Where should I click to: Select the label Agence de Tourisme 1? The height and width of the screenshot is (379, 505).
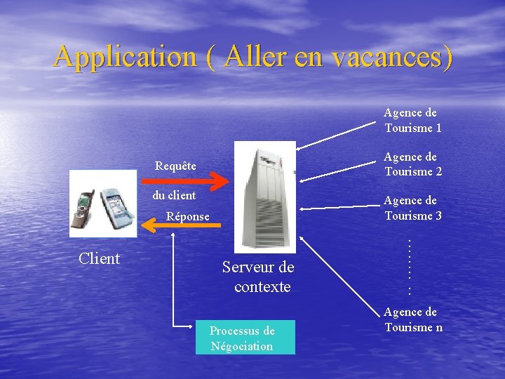coord(412,120)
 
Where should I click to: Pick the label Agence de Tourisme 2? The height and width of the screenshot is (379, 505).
coord(412,164)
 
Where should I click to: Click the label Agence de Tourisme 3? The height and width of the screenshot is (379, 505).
coord(412,208)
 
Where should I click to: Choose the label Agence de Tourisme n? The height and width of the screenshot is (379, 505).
coord(412,319)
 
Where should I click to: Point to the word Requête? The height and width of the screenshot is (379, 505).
coord(175,166)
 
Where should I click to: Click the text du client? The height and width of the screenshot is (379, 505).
coord(174,194)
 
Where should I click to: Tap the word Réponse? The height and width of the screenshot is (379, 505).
coord(187,216)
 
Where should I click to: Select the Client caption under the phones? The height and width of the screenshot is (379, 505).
coord(99,258)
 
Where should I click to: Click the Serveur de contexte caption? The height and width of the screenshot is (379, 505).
coord(259,277)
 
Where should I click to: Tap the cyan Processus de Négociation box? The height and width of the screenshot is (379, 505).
coord(245,338)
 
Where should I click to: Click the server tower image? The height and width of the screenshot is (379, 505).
coord(264,196)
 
